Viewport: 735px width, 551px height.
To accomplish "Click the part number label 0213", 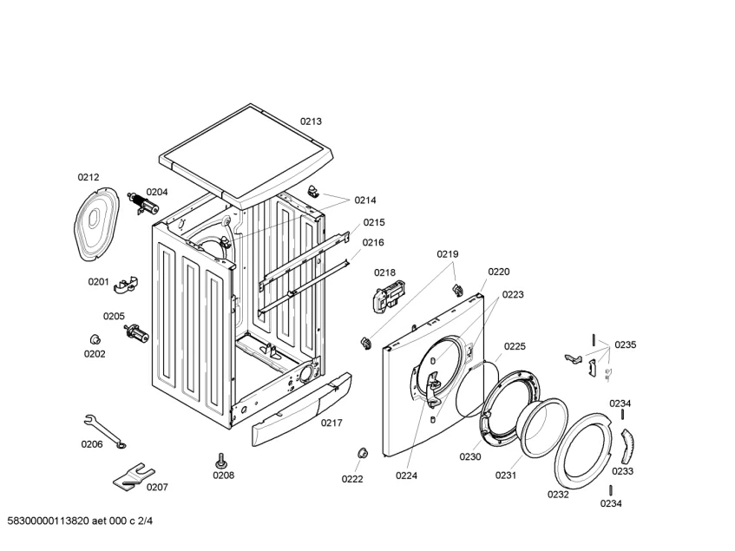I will pos(312,121).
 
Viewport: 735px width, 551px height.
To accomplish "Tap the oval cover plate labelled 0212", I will pos(96,221).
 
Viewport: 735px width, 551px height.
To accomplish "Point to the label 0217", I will pos(331,423).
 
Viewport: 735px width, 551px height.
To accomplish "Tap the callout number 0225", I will pos(515,346).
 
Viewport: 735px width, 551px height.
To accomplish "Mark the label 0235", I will pos(625,344).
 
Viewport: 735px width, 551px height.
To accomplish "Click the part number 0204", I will pos(157,192).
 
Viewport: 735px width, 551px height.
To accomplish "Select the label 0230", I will pos(470,456).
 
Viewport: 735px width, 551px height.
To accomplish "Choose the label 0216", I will pos(373,242).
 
